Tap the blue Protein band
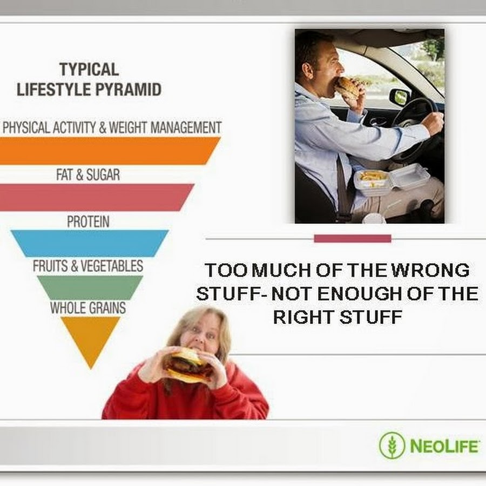(90, 244)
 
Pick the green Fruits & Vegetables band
(90, 287)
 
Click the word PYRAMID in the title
(128, 90)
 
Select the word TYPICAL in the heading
(89, 69)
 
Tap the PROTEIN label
(89, 221)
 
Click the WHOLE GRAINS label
(88, 308)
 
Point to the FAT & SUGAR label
(88, 174)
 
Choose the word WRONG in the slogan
(430, 270)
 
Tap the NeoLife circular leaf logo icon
(392, 446)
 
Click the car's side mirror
(399, 96)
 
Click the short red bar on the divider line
(353, 238)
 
